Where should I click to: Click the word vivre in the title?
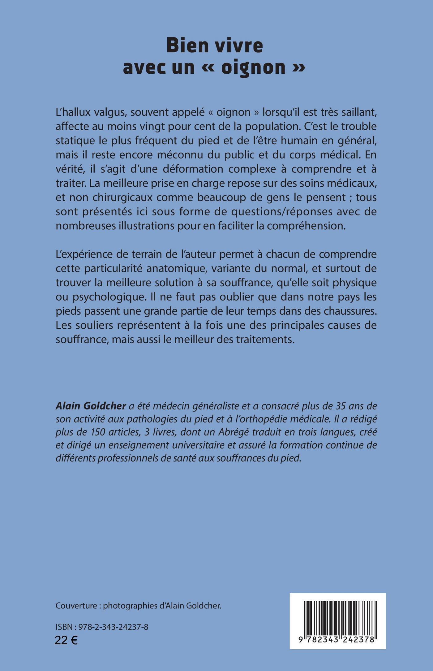pyautogui.click(x=234, y=46)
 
